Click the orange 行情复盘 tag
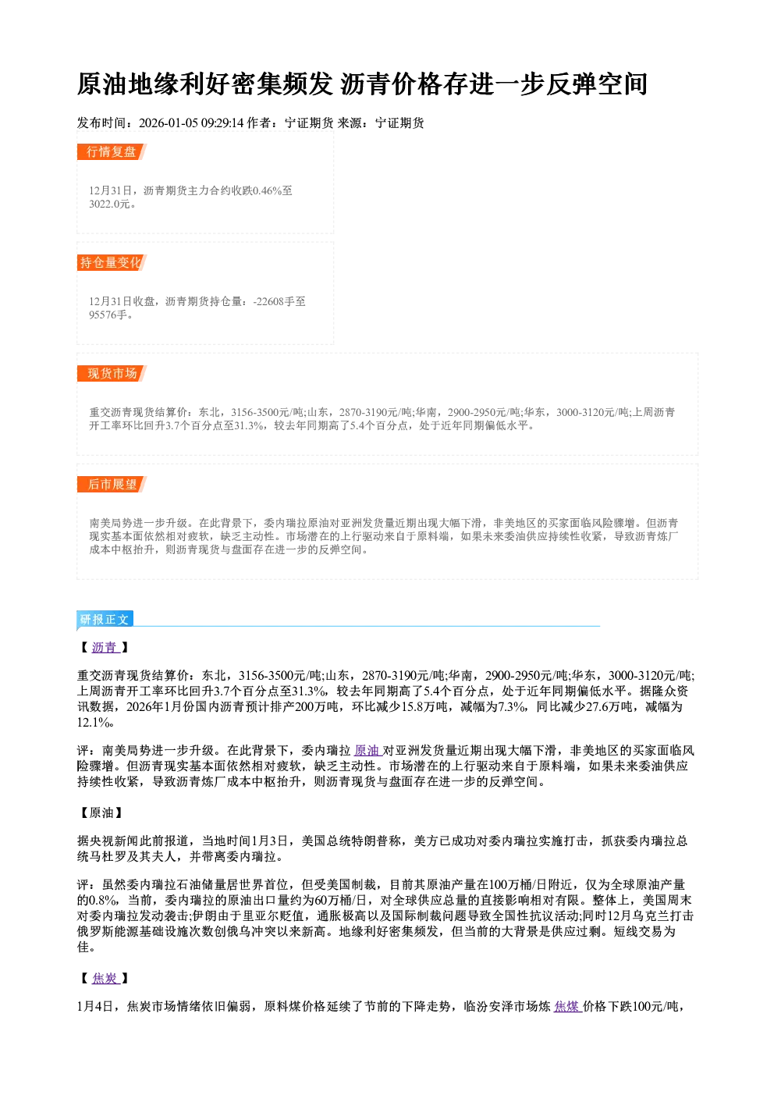point(112,151)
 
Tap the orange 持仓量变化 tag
point(112,262)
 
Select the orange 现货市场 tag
point(112,374)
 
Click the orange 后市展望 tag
point(112,485)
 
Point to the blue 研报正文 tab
point(105,620)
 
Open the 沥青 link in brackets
point(105,647)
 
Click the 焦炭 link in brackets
point(105,978)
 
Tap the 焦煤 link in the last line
point(566,1006)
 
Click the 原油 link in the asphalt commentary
point(367,750)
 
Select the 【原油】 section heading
point(101,812)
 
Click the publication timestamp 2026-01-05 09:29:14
point(191,123)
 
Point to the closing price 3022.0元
point(109,204)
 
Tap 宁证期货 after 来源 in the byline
point(399,123)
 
